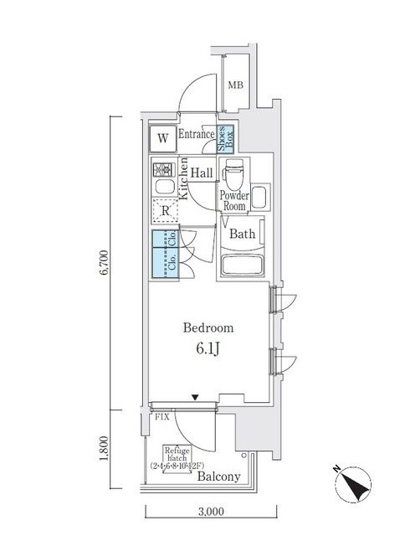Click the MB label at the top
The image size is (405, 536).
237,84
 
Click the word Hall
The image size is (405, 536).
201,173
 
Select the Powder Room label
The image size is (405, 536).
233,200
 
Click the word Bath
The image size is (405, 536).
243,234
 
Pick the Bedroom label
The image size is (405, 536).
209,328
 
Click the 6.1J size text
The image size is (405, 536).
209,349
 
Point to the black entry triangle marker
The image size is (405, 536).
195,398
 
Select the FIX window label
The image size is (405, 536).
161,415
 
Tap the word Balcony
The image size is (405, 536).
219,477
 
